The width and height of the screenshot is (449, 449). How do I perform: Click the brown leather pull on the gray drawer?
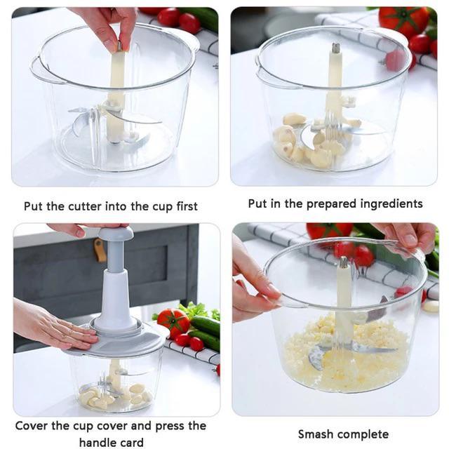100,250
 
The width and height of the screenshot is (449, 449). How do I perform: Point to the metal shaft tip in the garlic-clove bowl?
335,48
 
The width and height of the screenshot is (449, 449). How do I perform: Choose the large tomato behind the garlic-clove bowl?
403,21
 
